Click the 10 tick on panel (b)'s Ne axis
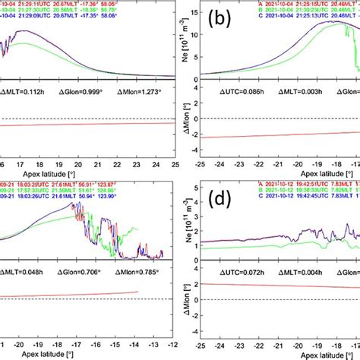pyautogui.click(x=192, y=34)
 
